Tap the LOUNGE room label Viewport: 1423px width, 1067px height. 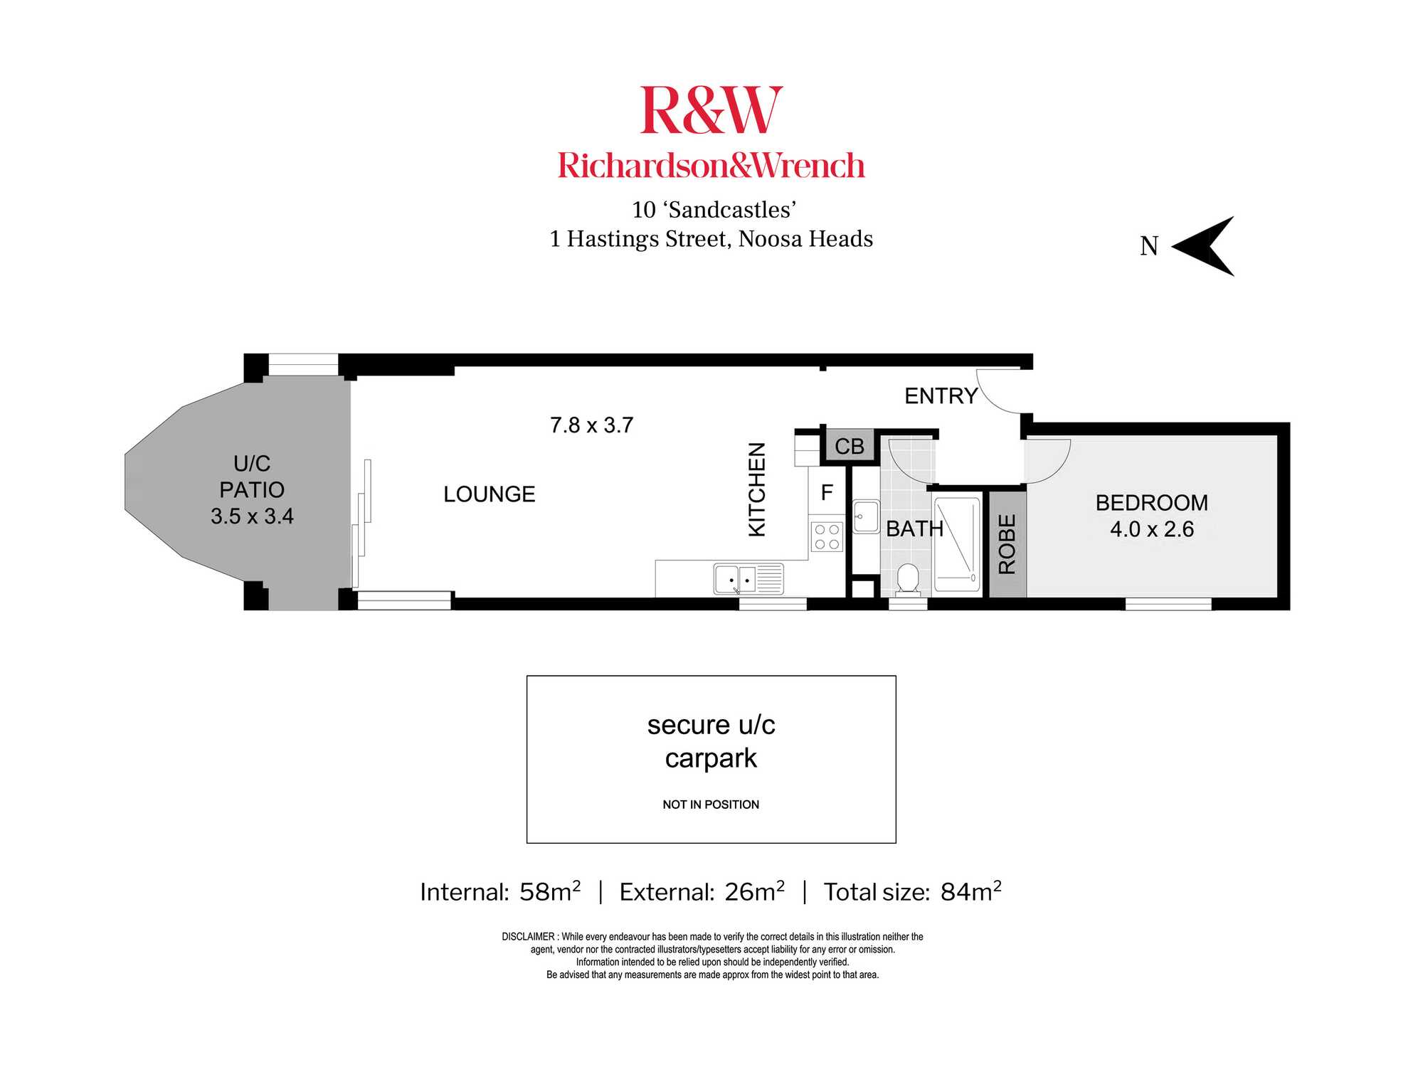(x=490, y=494)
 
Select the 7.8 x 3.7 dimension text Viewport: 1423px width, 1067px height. (x=591, y=425)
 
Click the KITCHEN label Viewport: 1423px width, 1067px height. (x=757, y=489)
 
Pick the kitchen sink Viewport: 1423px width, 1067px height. (x=748, y=579)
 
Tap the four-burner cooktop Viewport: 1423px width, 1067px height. (x=827, y=536)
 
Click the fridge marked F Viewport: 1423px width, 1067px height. (x=827, y=492)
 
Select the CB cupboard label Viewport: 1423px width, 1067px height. (x=850, y=447)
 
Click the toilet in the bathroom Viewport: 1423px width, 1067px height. (x=908, y=579)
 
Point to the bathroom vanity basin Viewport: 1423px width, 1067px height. (x=866, y=516)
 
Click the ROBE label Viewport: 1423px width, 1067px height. (x=1007, y=544)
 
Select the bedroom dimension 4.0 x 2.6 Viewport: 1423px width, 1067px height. (x=1152, y=529)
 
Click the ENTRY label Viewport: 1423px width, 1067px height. (x=941, y=396)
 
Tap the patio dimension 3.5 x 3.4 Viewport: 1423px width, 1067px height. (x=252, y=516)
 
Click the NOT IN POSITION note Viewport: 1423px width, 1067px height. (x=711, y=805)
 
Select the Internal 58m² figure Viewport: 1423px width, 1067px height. (x=500, y=891)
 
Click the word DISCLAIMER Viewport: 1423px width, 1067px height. (x=528, y=937)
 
